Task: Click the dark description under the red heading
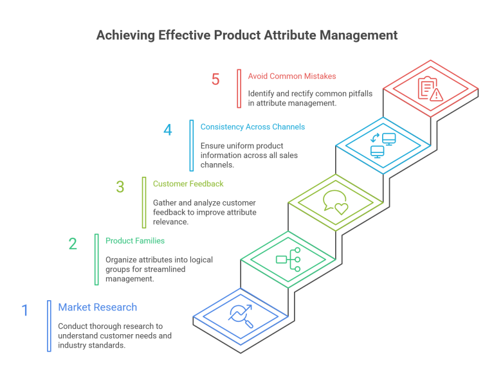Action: pos(302,100)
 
